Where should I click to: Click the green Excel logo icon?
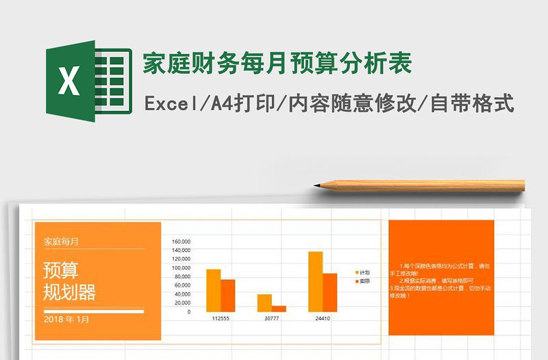click(88, 81)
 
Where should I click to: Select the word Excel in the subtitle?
click(168, 104)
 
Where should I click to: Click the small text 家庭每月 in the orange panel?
click(61, 241)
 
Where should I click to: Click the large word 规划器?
click(69, 292)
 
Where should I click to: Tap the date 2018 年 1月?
click(66, 319)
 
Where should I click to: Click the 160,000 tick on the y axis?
click(181, 242)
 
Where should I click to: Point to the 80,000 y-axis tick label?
click(182, 277)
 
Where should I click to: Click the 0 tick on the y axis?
click(188, 311)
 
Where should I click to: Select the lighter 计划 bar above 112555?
click(213, 290)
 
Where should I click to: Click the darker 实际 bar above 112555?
click(227, 295)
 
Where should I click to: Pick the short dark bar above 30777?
click(279, 309)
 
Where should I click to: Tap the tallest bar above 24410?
click(315, 281)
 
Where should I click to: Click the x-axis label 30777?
click(271, 319)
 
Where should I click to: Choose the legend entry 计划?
click(362, 272)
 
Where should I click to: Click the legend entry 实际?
click(362, 281)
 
